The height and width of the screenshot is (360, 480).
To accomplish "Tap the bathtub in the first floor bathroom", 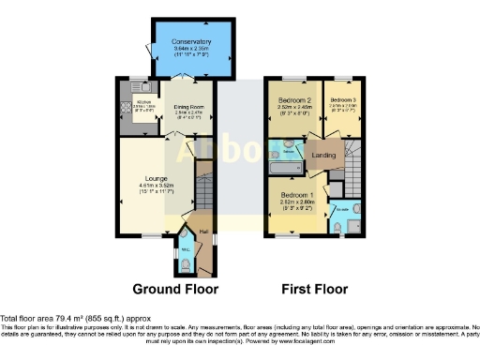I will pyautogui.click(x=280, y=168).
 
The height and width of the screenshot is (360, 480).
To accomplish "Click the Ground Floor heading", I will pyautogui.click(x=169, y=289).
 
